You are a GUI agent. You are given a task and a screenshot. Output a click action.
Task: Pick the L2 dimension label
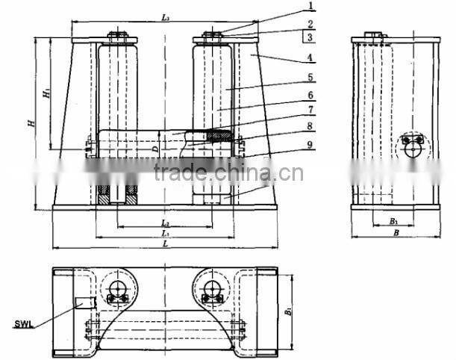[x=165, y=223]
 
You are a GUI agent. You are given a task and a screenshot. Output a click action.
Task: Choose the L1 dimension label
[x=165, y=234]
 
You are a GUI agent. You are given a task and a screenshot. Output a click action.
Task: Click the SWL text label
[x=25, y=324]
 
